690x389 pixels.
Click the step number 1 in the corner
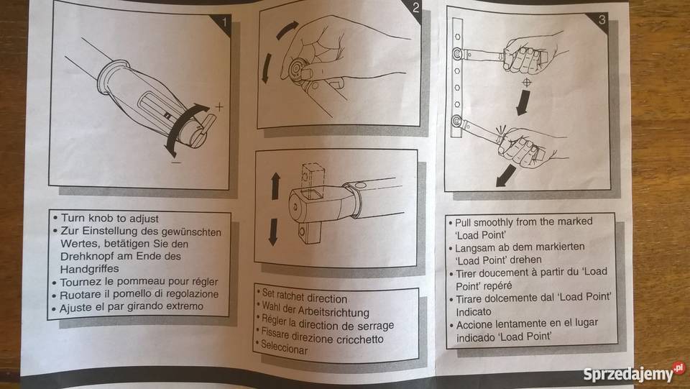click(x=224, y=22)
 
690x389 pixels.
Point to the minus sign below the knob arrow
click(x=177, y=163)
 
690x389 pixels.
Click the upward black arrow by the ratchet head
click(x=275, y=186)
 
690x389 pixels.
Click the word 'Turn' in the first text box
click(x=73, y=218)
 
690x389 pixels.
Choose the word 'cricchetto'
click(x=360, y=339)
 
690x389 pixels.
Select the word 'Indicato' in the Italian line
click(x=474, y=312)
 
